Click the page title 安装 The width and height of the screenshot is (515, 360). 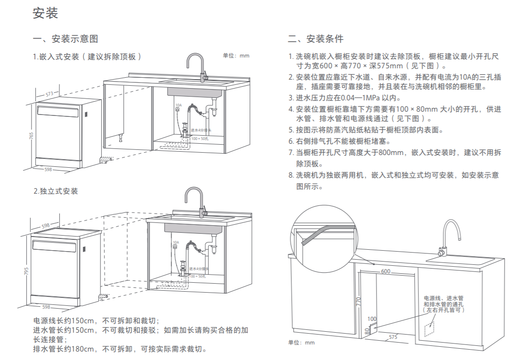45,13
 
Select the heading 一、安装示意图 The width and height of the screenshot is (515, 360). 65,39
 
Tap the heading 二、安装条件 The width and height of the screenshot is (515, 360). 315,39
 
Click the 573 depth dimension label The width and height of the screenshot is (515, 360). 49,94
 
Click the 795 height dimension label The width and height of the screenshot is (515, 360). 27,272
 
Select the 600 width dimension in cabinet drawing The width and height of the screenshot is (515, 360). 386,271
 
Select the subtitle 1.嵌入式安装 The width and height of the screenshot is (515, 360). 87,57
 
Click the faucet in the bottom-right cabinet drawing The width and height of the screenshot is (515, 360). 450,236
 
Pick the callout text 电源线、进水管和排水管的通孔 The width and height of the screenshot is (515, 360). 443,304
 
